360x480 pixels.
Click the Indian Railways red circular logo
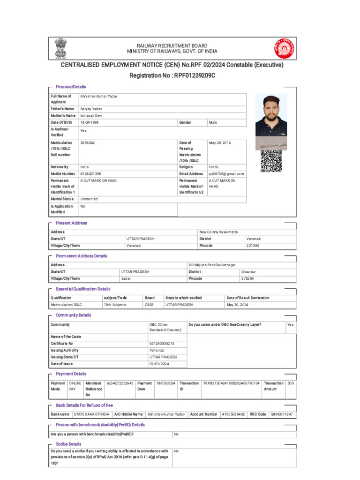click(x=282, y=48)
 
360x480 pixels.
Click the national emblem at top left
click(x=60, y=48)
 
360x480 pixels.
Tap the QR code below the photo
click(x=271, y=161)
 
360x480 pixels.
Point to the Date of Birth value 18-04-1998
click(x=90, y=122)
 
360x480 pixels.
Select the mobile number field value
click(x=90, y=174)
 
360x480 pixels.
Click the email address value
click(x=226, y=174)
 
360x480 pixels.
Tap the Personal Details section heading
click(x=71, y=87)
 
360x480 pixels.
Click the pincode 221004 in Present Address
click(x=253, y=246)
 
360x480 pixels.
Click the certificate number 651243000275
click(x=162, y=344)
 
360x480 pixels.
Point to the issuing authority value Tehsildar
click(x=157, y=350)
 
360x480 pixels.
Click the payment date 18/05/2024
click(x=165, y=383)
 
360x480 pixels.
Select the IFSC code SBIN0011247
click(x=285, y=414)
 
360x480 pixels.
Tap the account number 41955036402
click(x=233, y=414)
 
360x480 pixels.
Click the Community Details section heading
click(x=74, y=315)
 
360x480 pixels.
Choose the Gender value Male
click(x=213, y=122)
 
